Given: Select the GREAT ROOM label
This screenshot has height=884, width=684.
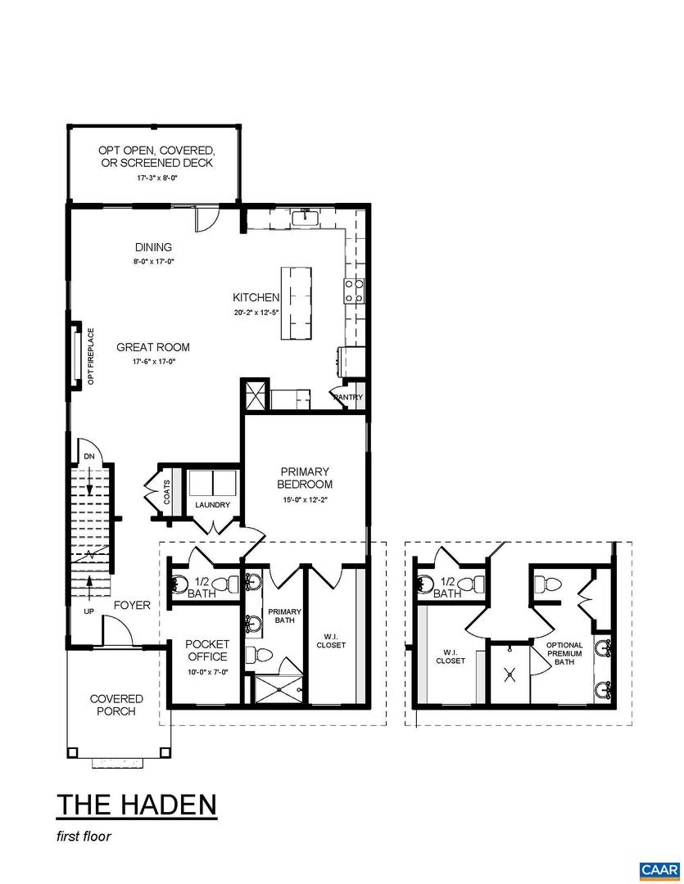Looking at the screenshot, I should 152,347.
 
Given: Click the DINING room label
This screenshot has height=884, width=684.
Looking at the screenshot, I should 153,247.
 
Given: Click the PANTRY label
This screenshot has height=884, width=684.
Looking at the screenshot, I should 347,398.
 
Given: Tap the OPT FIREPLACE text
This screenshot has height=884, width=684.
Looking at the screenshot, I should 91,355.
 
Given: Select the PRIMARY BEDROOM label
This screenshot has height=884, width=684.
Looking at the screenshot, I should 305,478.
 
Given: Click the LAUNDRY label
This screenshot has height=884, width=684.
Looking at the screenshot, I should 212,505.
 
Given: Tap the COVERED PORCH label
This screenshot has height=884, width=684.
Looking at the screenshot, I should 116,705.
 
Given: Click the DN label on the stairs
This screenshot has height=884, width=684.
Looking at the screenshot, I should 88,458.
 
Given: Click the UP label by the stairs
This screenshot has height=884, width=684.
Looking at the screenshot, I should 88,611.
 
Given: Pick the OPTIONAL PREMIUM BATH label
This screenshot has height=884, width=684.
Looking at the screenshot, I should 564,653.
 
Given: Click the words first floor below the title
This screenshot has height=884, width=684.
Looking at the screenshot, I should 84,837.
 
